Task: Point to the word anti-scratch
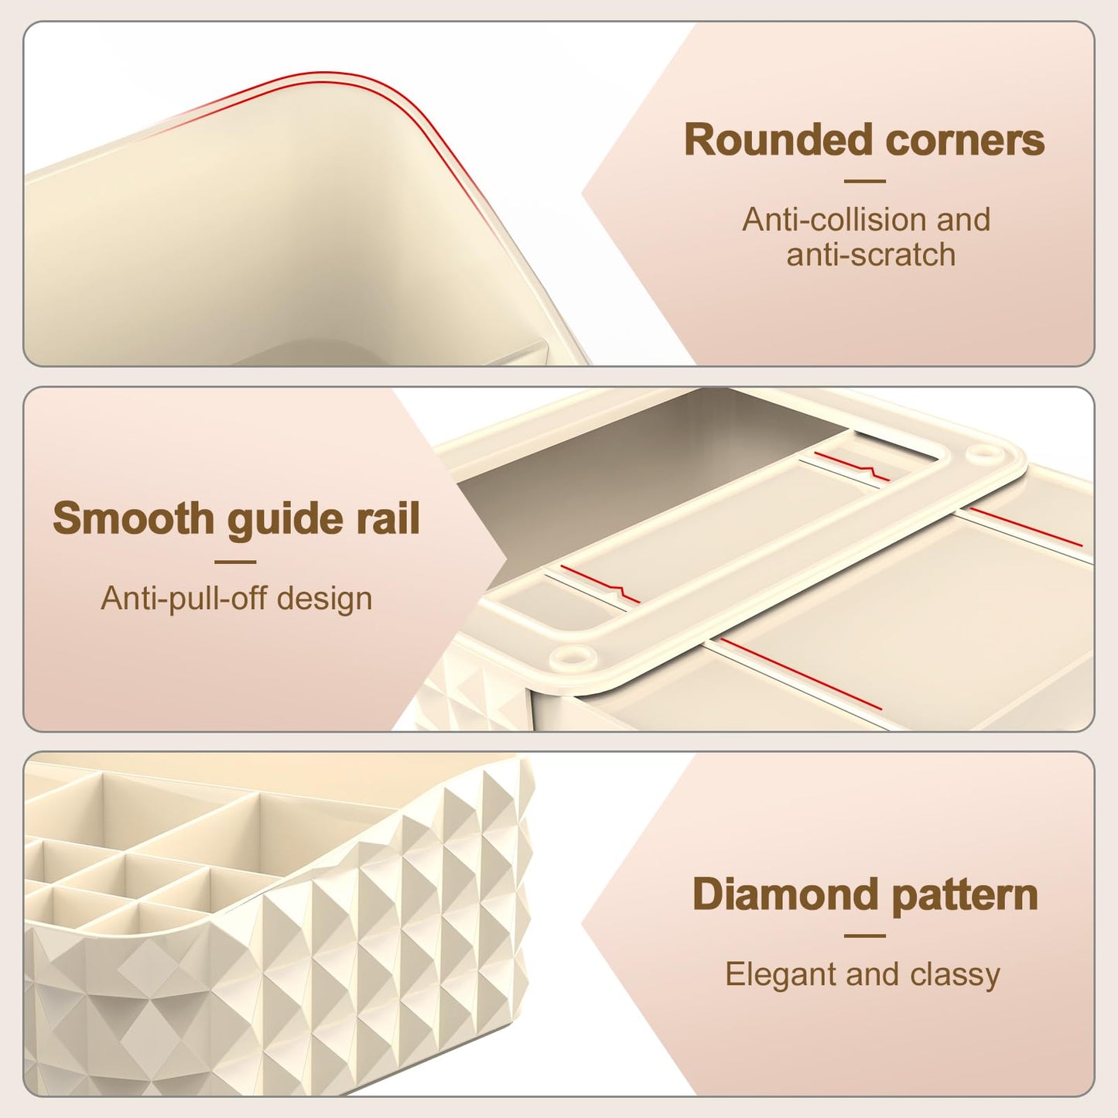click(x=871, y=255)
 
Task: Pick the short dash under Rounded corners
click(x=864, y=181)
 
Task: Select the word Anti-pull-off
click(x=186, y=599)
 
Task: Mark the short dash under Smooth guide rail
click(x=235, y=562)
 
